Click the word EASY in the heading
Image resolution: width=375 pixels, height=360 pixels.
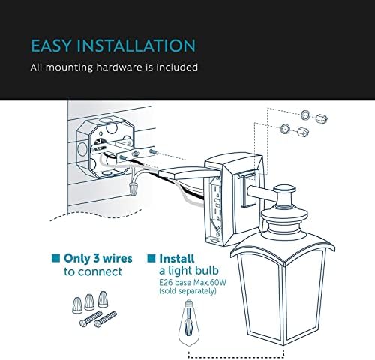pos(51,46)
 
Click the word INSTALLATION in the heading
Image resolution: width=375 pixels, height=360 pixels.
pos(136,46)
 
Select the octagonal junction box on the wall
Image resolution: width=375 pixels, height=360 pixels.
pos(106,148)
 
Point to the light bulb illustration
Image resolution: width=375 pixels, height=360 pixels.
pos(190,322)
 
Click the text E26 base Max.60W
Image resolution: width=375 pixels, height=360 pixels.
pos(193,283)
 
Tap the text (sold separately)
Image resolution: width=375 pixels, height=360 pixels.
pos(187,291)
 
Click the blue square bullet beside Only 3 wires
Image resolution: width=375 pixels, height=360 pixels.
pos(55,258)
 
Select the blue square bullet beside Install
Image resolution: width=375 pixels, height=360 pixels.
pos(151,258)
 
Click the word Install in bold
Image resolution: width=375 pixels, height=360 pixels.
pos(177,258)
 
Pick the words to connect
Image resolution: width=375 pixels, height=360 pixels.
pos(93,271)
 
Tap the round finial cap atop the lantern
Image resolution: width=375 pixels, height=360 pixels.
pos(284,189)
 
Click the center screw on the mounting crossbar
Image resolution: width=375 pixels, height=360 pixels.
pos(136,153)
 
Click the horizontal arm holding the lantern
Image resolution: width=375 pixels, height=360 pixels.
pos(261,193)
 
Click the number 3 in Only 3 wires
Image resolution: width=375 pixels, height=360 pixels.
pos(97,258)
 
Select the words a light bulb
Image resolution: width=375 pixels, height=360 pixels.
pos(189,271)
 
